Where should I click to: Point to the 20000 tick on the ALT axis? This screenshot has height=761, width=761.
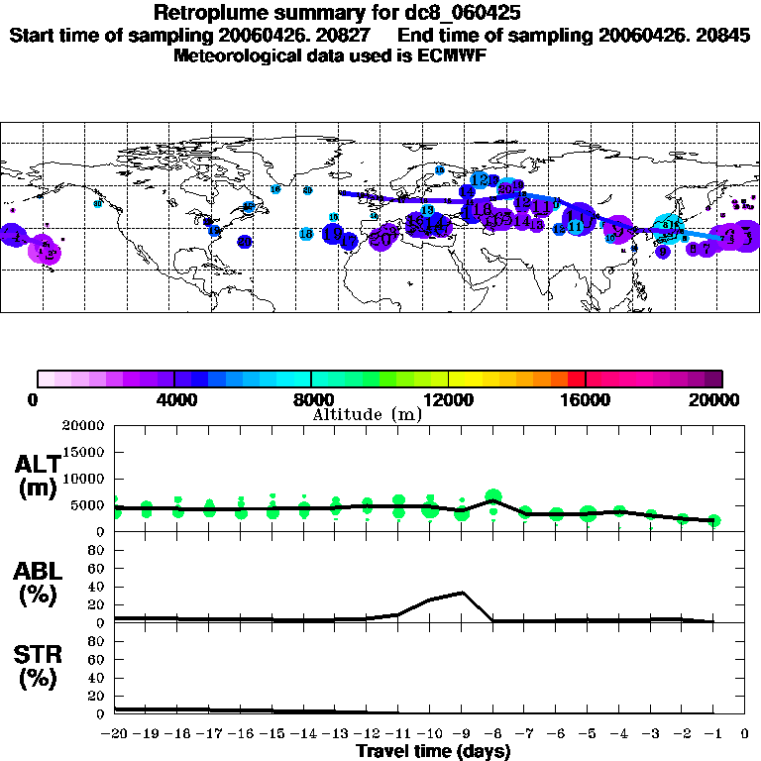[88, 426]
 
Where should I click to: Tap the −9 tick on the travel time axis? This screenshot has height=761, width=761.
[460, 734]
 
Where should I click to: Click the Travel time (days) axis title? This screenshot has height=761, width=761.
[433, 752]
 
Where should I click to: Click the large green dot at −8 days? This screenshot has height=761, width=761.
[493, 496]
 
